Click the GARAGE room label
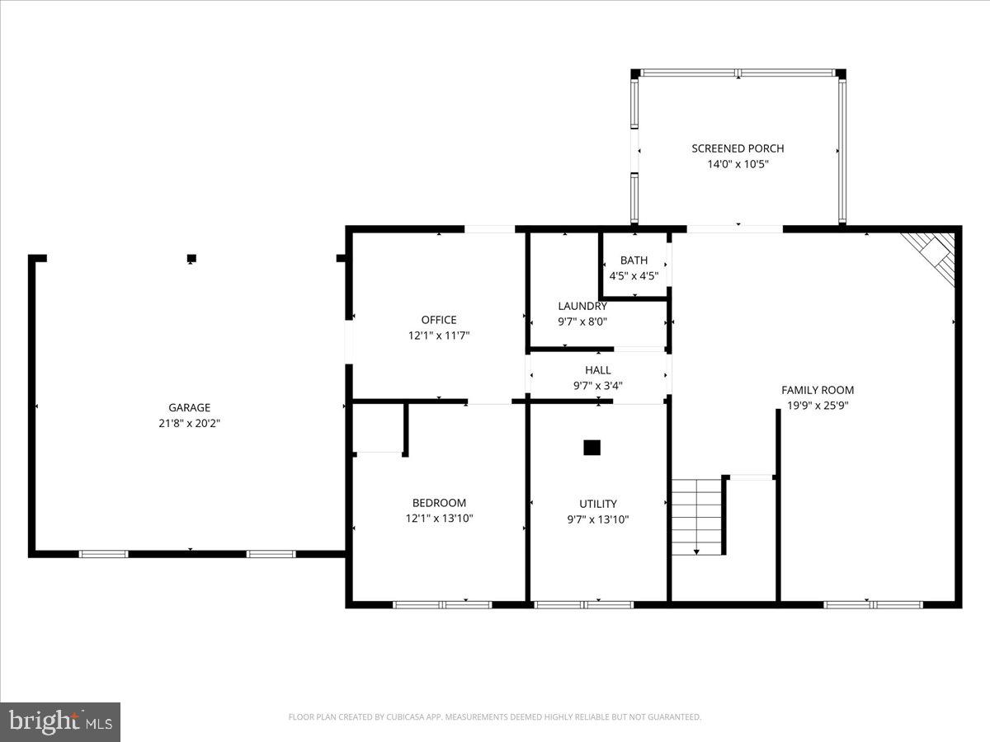(189, 407)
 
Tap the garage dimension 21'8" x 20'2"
(189, 423)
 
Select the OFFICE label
(438, 320)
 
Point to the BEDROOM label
(439, 503)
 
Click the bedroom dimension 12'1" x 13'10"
(439, 519)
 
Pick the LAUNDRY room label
(582, 306)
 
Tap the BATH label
(634, 261)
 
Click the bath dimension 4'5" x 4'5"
(634, 276)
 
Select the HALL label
(598, 370)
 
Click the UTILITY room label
(598, 504)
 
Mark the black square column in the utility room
(592, 448)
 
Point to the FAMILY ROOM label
(818, 390)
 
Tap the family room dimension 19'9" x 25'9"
(818, 406)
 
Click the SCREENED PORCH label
(738, 148)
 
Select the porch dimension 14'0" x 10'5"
(738, 164)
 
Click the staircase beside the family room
(696, 516)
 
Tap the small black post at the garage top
(191, 258)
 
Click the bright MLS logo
(60, 722)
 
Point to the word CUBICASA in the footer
(408, 717)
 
